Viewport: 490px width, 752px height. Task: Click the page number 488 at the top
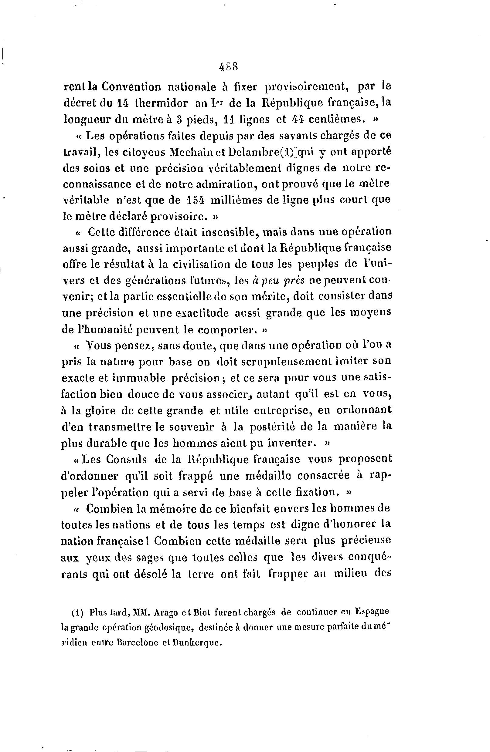pyautogui.click(x=228, y=67)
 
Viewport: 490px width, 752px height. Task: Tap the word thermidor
pyautogui.click(x=162, y=103)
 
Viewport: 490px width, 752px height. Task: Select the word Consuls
pyautogui.click(x=127, y=459)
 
